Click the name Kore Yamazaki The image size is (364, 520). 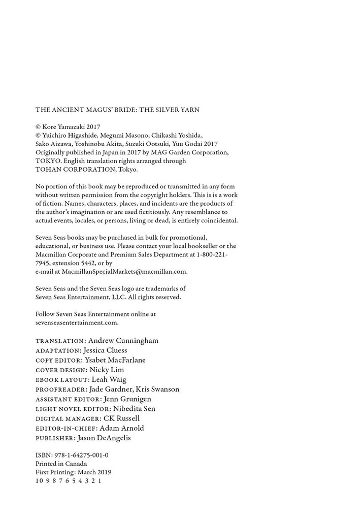click(x=63, y=126)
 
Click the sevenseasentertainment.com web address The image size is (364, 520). click(x=77, y=322)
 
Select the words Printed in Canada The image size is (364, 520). click(x=61, y=464)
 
